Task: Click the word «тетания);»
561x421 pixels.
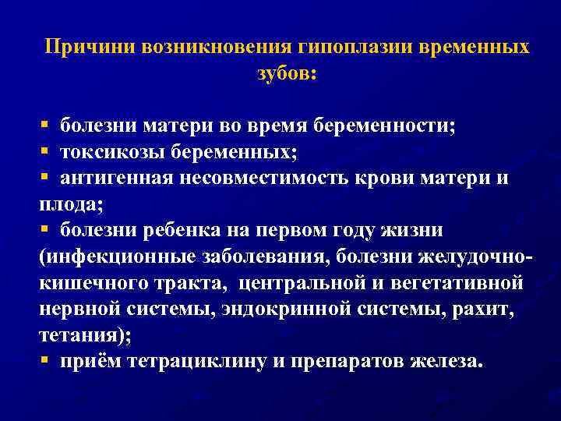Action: [x=81, y=337]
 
